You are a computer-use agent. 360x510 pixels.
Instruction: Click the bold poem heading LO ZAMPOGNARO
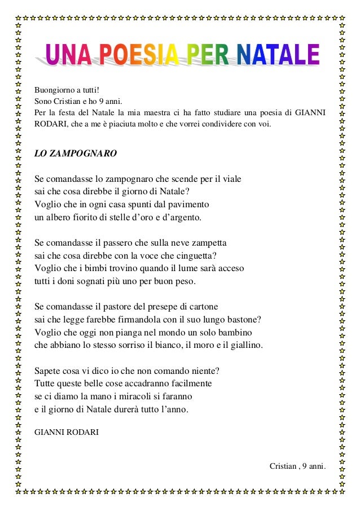point(76,153)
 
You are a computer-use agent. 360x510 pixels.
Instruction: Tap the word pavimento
point(189,204)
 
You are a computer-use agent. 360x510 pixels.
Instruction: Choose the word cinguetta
point(188,255)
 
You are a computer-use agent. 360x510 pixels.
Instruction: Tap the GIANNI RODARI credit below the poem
point(67,432)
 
